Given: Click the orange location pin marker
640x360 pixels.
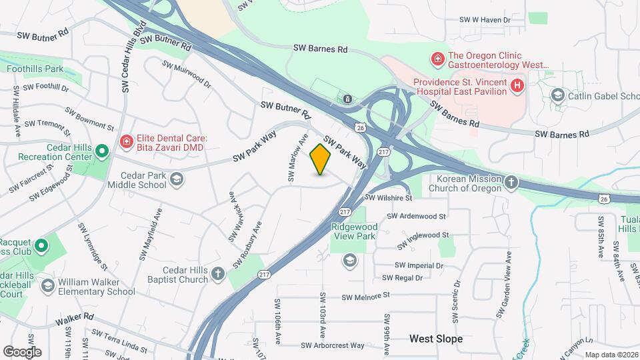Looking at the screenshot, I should click(x=321, y=159).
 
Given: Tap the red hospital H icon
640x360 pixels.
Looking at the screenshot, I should click(x=517, y=85).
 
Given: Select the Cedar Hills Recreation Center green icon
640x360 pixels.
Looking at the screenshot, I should click(x=101, y=152).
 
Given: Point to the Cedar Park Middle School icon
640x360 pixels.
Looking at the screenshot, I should click(x=177, y=179).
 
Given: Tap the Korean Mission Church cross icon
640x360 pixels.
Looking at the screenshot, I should click(x=511, y=183).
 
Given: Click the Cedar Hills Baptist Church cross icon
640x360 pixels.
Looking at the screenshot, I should click(x=218, y=274).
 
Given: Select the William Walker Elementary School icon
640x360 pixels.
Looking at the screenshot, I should click(x=47, y=286).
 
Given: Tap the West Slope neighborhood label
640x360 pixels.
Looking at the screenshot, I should click(x=436, y=339).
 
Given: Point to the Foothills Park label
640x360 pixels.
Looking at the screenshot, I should click(x=35, y=69).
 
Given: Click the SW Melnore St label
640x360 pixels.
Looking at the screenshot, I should click(x=365, y=296).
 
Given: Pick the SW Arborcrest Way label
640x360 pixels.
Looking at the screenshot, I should click(x=333, y=345).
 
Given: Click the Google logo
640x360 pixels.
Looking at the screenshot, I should click(x=22, y=351).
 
